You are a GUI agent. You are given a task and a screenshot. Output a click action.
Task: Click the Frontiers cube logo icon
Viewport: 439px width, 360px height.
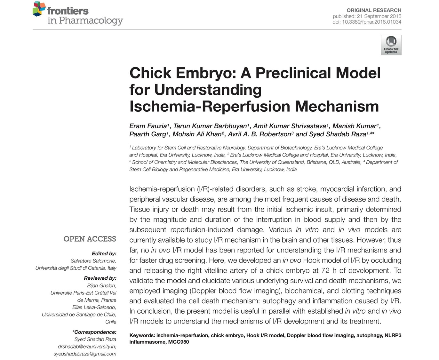coord(39,9)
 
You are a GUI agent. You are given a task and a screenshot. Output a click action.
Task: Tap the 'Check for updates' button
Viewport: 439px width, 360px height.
coord(391,45)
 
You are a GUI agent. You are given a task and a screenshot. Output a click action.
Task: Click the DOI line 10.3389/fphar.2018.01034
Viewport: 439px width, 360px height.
coord(367,22)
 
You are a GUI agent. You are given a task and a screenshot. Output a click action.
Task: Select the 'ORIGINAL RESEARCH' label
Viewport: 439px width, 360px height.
coord(374,10)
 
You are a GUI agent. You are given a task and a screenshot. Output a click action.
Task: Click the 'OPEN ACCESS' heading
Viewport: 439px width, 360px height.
coord(90,239)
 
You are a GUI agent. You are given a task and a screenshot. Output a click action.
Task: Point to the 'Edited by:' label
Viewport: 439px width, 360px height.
coord(104,253)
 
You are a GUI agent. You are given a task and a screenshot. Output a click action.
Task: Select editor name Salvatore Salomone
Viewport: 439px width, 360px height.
coord(93,261)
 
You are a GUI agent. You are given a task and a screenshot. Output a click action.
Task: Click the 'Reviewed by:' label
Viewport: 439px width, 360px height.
coord(100,278)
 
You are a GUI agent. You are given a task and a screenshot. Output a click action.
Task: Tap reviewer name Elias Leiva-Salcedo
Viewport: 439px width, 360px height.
coord(94,307)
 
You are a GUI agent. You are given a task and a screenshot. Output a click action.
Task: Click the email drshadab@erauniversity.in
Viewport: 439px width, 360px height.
coord(87,347)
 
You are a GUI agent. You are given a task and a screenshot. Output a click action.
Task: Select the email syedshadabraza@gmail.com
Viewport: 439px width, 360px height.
coord(85,354)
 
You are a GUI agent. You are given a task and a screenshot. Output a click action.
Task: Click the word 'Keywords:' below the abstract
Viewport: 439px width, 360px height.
coord(142,335)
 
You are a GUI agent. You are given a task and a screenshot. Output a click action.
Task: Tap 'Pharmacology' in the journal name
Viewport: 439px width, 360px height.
coord(91,20)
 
